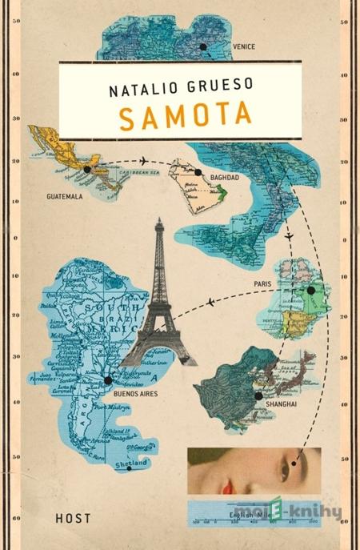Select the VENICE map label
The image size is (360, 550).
coord(243,47)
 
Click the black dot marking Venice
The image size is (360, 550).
coord(202,47)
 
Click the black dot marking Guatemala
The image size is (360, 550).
coord(87,170)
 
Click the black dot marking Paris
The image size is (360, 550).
coord(311,291)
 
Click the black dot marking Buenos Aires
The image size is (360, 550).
coord(108,379)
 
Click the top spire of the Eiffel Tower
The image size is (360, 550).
coord(159,223)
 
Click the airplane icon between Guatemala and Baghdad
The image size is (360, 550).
coord(145,160)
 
